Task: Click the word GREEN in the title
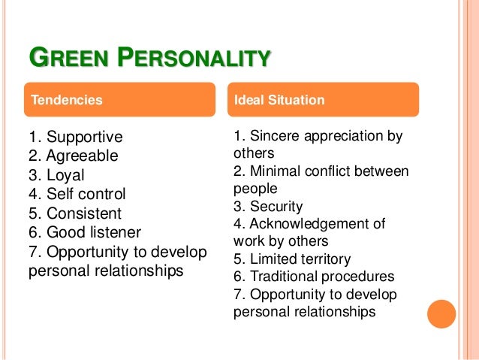tap(62, 58)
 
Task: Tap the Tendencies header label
tap(65, 99)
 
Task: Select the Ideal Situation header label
tap(279, 99)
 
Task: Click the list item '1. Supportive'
tap(75, 138)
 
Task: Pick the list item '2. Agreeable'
tap(73, 156)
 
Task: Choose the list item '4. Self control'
tap(77, 194)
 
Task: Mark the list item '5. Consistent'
tap(74, 213)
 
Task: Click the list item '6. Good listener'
tap(84, 232)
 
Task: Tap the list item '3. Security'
tap(268, 206)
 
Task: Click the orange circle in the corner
tap(441, 313)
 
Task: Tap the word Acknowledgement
tap(315, 224)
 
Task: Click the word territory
tap(324, 259)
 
